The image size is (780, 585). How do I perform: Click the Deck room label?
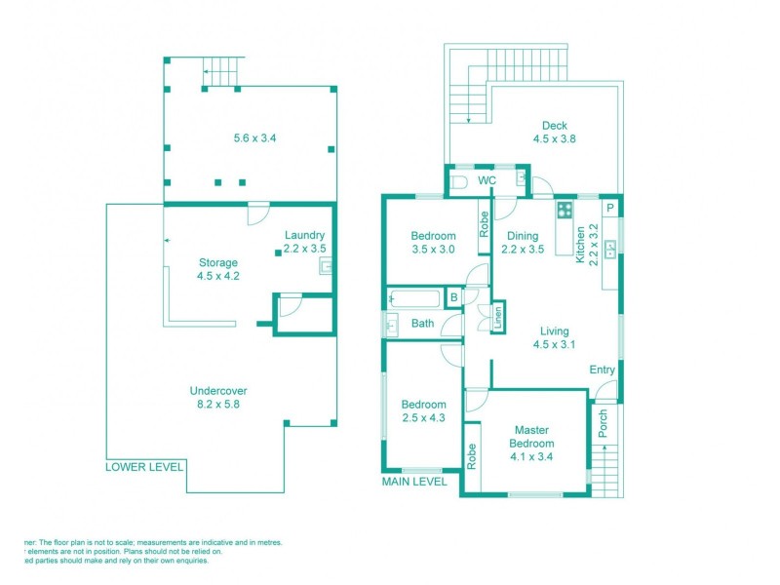pyautogui.click(x=555, y=126)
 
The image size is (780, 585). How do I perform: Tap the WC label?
pyautogui.click(x=487, y=181)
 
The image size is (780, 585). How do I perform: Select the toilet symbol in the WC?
pyautogui.click(x=460, y=181)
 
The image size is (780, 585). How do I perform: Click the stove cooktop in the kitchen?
pyautogui.click(x=565, y=210)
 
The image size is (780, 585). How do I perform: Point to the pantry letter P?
pyautogui.click(x=610, y=209)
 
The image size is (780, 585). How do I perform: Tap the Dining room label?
pyautogui.click(x=523, y=235)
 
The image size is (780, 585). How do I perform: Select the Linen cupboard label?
pyautogui.click(x=497, y=315)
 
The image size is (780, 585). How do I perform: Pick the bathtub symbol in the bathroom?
pyautogui.click(x=414, y=298)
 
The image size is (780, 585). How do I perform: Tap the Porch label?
pyautogui.click(x=602, y=423)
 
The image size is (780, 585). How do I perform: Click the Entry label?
pyautogui.click(x=603, y=370)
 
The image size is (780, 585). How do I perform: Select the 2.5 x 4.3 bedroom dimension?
pyautogui.click(x=423, y=418)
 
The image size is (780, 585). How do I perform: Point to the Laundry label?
pyautogui.click(x=304, y=235)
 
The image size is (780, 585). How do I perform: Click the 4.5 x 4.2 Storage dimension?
pyautogui.click(x=218, y=276)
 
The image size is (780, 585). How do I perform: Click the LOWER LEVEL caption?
pyautogui.click(x=144, y=467)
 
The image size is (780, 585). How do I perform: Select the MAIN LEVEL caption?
pyautogui.click(x=415, y=481)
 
